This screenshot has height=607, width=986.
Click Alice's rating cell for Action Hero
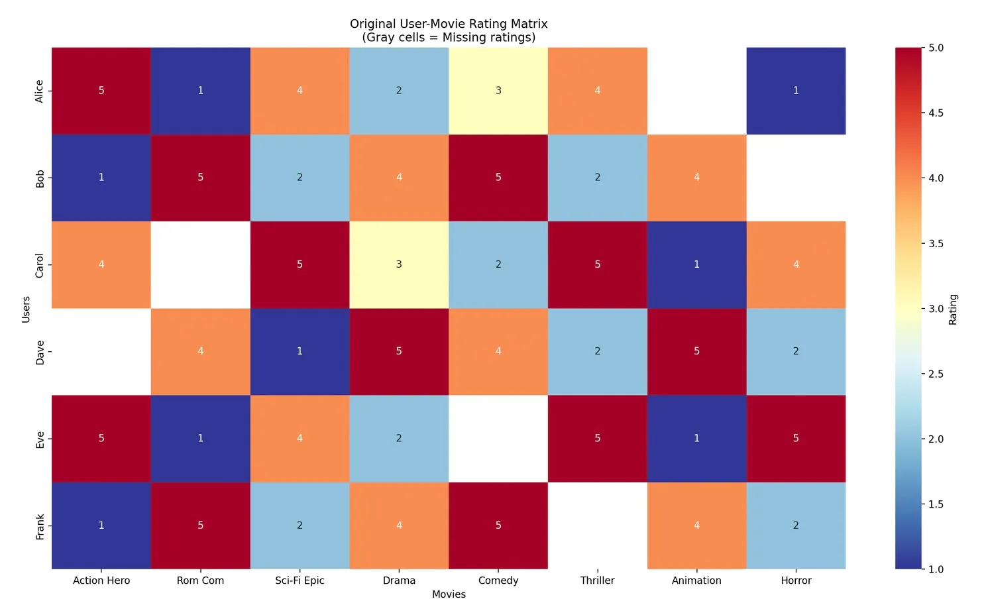click(x=101, y=91)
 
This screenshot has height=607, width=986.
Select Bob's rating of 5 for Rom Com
click(x=201, y=178)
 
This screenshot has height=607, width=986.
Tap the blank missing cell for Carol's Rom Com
click(x=201, y=264)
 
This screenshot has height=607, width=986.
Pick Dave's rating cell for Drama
click(x=399, y=351)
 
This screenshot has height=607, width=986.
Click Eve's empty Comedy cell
click(x=498, y=438)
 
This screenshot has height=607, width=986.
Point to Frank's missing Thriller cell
click(x=598, y=525)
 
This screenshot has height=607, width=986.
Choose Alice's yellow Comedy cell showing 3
click(x=498, y=91)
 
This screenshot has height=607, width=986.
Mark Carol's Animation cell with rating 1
click(x=696, y=264)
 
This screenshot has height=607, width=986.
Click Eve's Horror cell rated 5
click(x=796, y=438)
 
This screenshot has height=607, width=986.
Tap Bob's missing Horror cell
click(x=796, y=178)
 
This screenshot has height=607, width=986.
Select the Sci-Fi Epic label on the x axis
click(x=300, y=580)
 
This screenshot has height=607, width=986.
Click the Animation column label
click(x=696, y=580)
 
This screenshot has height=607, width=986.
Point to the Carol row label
click(x=40, y=265)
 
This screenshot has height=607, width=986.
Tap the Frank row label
click(x=40, y=526)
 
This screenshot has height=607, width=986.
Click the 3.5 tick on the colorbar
click(x=936, y=243)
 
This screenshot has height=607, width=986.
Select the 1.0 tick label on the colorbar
click(x=936, y=569)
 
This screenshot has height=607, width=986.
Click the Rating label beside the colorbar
click(x=953, y=309)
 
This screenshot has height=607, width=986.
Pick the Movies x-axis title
click(x=449, y=594)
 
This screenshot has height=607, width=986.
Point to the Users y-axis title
click(x=26, y=309)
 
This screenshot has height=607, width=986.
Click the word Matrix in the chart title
click(x=527, y=24)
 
